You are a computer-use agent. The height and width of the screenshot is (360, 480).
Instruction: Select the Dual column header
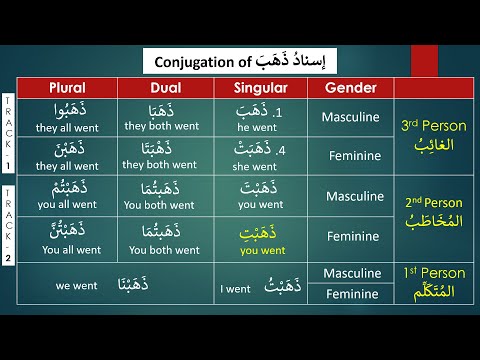166,87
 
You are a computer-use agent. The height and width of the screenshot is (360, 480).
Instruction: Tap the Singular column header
261,87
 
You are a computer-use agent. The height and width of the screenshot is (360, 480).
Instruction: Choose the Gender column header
350,87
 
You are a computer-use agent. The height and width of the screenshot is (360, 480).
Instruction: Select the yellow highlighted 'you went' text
261,250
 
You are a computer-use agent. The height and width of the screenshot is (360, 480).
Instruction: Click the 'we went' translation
77,285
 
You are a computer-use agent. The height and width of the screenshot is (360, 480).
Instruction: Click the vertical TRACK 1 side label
9,136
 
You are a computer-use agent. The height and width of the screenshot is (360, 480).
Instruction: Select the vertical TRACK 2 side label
9,222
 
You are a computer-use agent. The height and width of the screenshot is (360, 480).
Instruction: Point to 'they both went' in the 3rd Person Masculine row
164,127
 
